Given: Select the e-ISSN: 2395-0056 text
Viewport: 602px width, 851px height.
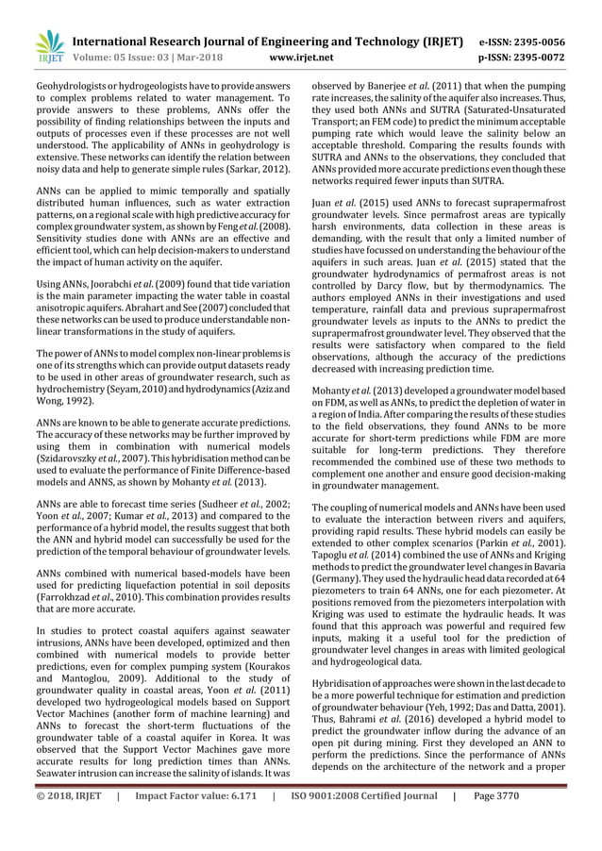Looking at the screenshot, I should coord(522,42).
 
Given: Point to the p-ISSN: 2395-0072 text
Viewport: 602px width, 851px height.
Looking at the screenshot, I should coord(522,58).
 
